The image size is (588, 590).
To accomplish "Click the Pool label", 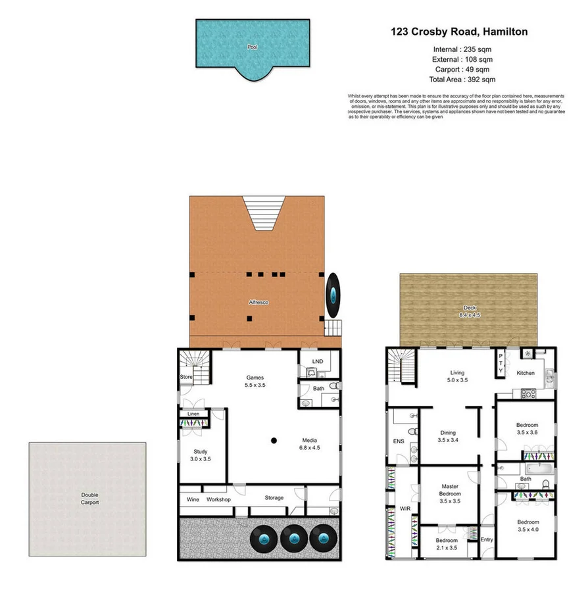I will [x=252, y=47].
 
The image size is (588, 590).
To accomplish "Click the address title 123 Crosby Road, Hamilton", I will [x=459, y=32].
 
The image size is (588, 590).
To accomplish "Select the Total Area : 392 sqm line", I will [x=462, y=80].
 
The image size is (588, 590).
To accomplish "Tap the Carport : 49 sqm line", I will [x=462, y=70].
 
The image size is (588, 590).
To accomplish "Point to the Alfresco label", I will [x=258, y=302].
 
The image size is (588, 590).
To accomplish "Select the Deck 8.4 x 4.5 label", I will [x=470, y=312].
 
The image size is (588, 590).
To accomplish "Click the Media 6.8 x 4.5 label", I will [x=310, y=445].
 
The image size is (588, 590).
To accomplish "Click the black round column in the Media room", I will [x=274, y=440].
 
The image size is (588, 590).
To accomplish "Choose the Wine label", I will [x=193, y=500].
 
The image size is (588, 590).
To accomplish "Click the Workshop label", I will [x=219, y=500].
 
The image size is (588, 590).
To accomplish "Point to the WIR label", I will [x=404, y=508].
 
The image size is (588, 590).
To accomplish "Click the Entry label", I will [x=486, y=539].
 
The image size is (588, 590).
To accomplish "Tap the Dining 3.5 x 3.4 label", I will [x=447, y=437].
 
